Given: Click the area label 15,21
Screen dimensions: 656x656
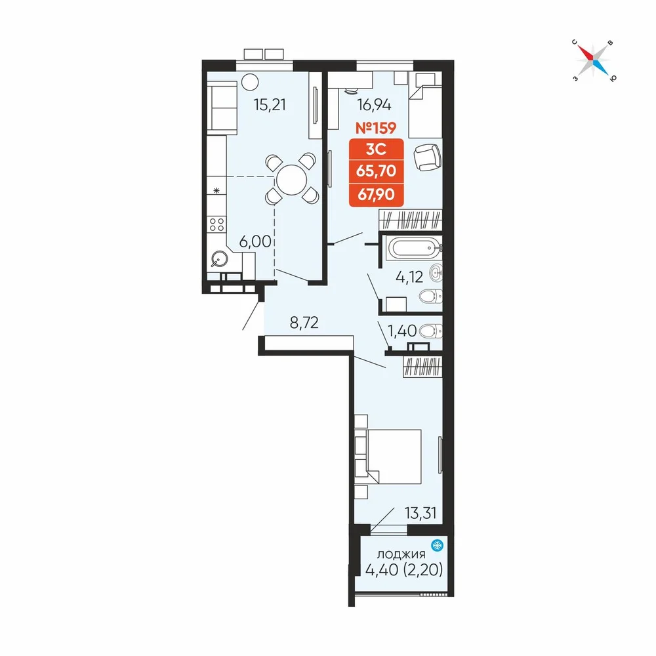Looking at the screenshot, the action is pyautogui.click(x=270, y=104).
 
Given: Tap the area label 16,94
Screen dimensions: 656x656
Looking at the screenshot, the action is pyautogui.click(x=374, y=104).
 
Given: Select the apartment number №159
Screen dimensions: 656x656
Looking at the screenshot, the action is pyautogui.click(x=376, y=128).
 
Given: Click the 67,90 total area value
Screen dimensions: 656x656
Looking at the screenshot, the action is pyautogui.click(x=376, y=195).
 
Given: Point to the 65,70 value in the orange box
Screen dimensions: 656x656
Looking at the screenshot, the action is pyautogui.click(x=376, y=171).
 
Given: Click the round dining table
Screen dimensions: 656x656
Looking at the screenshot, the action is pyautogui.click(x=292, y=180).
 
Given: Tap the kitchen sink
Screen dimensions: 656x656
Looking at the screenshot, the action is pyautogui.click(x=219, y=259).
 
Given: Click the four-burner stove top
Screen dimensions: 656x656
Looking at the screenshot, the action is pyautogui.click(x=216, y=224).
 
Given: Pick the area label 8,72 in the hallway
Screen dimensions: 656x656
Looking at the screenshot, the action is pyautogui.click(x=304, y=322).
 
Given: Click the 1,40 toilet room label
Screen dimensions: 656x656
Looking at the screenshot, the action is pyautogui.click(x=402, y=331).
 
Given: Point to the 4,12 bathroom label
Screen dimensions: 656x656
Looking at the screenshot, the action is pyautogui.click(x=409, y=277).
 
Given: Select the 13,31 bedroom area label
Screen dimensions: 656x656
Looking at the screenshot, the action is pyautogui.click(x=420, y=512).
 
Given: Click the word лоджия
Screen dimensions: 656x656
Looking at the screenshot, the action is pyautogui.click(x=401, y=554).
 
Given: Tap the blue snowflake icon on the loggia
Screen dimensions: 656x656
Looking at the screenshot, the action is pyautogui.click(x=437, y=545).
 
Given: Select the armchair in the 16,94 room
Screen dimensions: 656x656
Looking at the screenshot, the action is pyautogui.click(x=427, y=157).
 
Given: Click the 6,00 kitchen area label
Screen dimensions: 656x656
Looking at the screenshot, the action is pyautogui.click(x=255, y=241).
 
